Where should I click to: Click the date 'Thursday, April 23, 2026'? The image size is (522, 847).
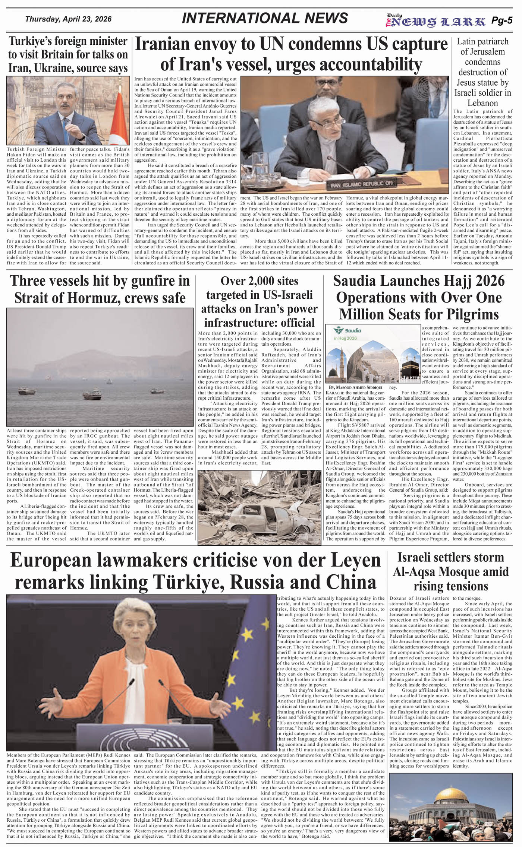pos(68,19)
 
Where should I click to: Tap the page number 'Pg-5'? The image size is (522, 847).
pos(501,21)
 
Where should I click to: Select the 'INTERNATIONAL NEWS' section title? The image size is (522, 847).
pos(265,18)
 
